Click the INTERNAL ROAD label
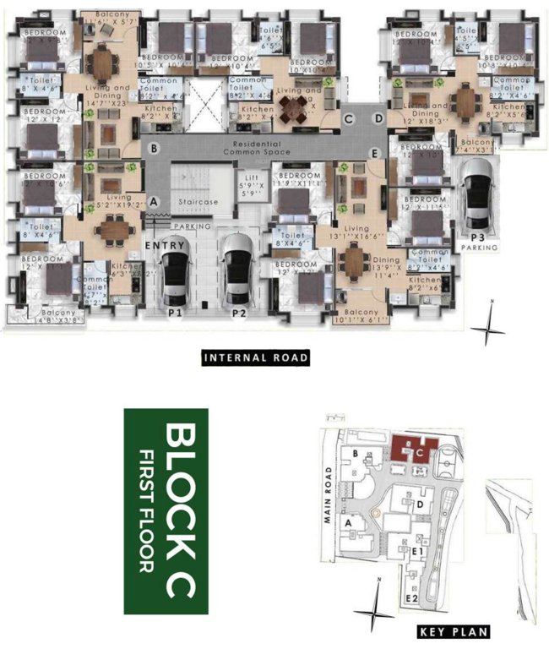tap(256, 358)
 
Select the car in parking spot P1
tap(177, 276)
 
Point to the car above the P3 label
tap(479, 192)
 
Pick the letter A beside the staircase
tap(153, 201)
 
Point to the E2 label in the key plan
tap(413, 598)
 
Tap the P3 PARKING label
tap(479, 243)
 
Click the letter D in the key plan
tap(420, 504)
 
